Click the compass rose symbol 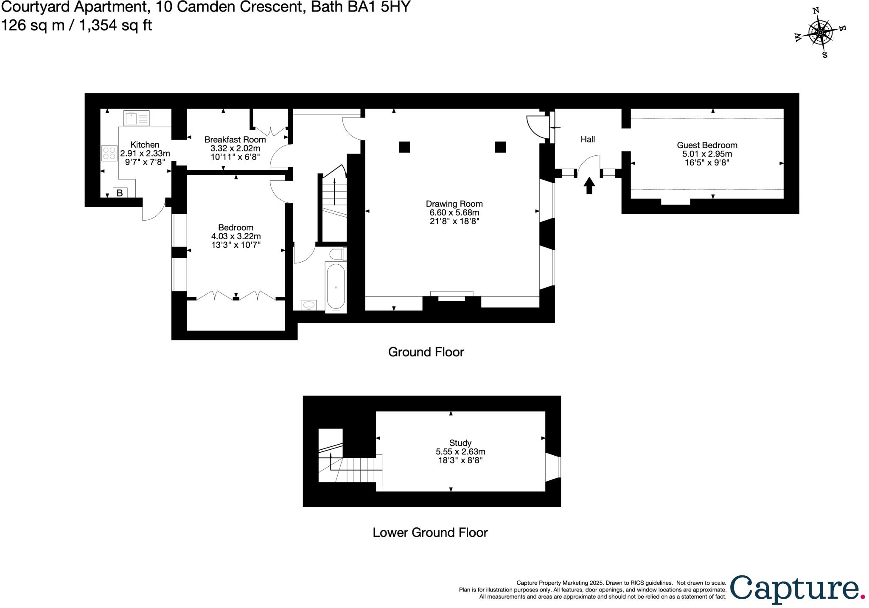820,33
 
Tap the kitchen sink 136,118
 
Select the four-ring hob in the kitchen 109,153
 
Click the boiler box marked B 120,193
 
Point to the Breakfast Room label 235,140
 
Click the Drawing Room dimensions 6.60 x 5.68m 454,213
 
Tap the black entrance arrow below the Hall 589,185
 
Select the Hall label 588,139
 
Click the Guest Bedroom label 707,145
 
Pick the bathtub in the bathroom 336,287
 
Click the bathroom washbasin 308,305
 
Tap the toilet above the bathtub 338,254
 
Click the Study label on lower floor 460,443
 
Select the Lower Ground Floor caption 430,532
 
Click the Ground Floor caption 426,352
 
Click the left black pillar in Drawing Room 404,147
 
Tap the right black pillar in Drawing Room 500,147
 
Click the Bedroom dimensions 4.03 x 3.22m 236,236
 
